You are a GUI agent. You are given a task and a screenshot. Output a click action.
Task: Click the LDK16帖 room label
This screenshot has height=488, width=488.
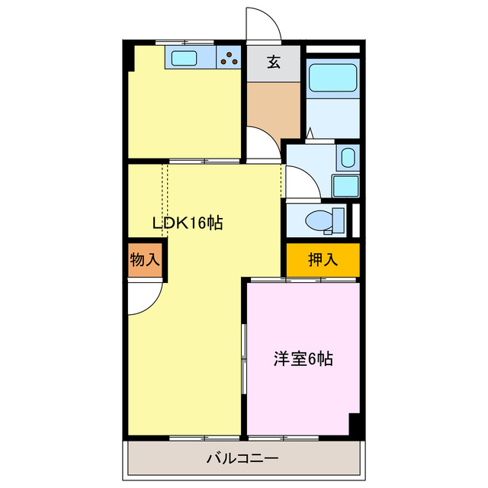188,223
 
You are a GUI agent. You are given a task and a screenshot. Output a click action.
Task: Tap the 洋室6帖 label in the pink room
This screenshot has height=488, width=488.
303,358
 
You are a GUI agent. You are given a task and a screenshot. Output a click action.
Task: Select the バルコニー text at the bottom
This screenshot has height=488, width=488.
242,459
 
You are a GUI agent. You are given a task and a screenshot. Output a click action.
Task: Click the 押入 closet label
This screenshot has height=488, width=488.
323,260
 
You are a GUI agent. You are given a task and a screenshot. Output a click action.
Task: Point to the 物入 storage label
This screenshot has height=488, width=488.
145,260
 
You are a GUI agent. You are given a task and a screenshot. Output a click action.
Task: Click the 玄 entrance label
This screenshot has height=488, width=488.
273,63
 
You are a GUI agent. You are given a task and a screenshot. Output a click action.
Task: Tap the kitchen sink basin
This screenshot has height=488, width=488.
184,58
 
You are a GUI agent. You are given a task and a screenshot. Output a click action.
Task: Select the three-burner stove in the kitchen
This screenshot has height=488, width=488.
229,58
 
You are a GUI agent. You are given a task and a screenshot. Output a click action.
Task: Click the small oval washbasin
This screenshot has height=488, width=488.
347,159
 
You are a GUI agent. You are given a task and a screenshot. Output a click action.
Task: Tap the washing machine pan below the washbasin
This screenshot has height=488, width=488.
345,185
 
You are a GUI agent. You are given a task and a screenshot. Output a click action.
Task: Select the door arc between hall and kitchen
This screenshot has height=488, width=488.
263,143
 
